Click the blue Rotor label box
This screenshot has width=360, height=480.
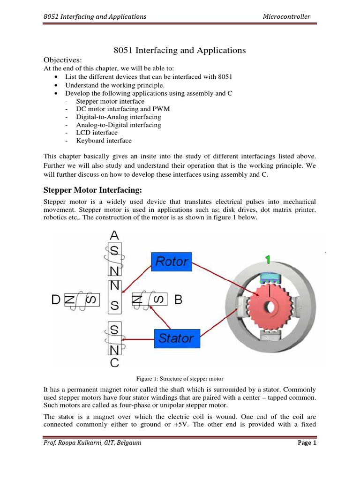coord(172,262)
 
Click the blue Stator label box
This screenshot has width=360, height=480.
coord(177,337)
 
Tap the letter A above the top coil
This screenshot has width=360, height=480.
coord(114,235)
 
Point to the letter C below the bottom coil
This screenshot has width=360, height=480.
coord(114,362)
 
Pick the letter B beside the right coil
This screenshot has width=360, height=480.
coord(178,299)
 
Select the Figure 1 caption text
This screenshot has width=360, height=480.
coord(180,378)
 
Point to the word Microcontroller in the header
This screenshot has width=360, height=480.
coord(286,16)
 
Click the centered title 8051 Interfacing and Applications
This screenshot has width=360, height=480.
coord(180,50)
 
